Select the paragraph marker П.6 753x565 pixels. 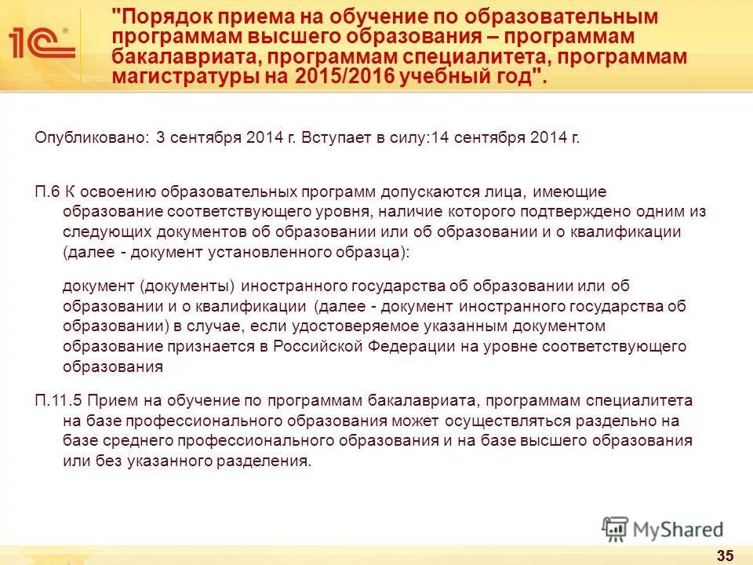[47, 191]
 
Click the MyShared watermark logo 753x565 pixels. [663, 528]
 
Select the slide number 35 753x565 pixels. [726, 556]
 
